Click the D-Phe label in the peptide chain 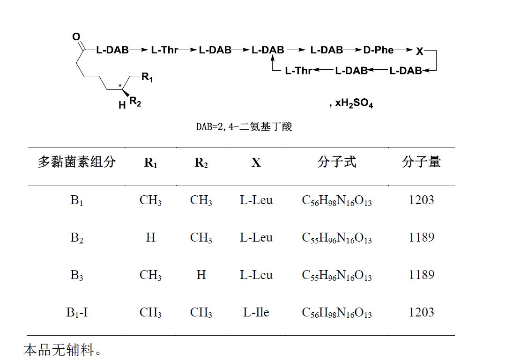379,50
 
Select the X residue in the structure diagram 420,51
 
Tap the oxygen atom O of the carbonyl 76,37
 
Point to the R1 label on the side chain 147,78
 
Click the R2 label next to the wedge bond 135,102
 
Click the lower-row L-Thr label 298,71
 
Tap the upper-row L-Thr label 164,50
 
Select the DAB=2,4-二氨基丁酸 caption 244,127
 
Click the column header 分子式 337,162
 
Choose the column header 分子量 421,162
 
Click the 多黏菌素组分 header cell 77,162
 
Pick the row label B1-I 77,312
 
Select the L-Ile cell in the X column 256,312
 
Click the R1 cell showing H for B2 150,237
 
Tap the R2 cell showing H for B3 201,275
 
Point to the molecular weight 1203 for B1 421,200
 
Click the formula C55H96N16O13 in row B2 337,238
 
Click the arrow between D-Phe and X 403,50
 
